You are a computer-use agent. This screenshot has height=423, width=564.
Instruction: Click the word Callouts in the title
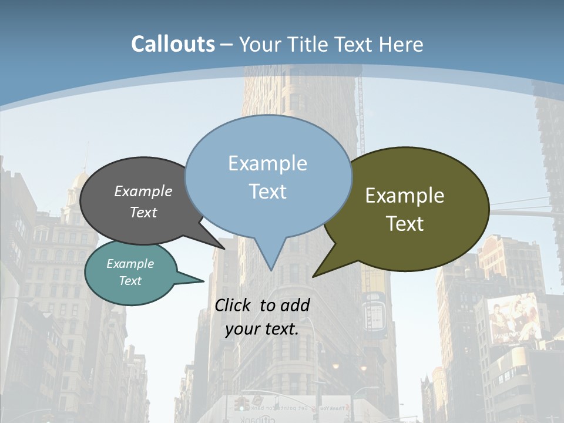coord(173,44)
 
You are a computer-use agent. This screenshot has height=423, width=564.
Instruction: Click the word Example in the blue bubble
coord(267,163)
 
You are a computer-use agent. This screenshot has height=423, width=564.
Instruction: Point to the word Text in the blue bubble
coord(267,191)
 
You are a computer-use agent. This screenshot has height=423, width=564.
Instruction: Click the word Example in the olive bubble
coord(405,196)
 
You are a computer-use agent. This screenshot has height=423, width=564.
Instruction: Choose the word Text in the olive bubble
coord(405,224)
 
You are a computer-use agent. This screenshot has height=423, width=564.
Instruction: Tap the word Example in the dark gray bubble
coord(143,192)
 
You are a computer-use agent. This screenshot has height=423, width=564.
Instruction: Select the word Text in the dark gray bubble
coord(143,212)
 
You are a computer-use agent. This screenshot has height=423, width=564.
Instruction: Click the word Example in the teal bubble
coord(130,264)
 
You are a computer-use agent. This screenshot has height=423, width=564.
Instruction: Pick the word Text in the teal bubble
coord(130,281)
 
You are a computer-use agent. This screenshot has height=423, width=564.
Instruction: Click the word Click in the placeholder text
coord(234,305)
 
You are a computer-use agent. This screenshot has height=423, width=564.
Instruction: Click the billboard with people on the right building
coord(515,320)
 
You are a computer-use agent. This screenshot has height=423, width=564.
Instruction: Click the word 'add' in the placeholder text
coord(295,305)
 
